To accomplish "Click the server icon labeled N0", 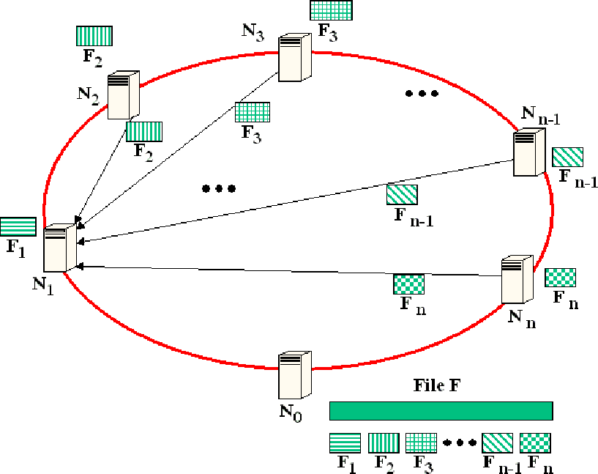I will [x=295, y=374].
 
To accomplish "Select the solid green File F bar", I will [x=441, y=410].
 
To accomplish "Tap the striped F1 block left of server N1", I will [x=18, y=227].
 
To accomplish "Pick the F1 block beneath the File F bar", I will [x=345, y=442].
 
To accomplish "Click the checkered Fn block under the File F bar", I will [x=535, y=442].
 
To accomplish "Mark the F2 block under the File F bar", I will [x=383, y=442].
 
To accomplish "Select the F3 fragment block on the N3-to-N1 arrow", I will [x=253, y=112].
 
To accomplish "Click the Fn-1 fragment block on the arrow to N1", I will [x=403, y=195].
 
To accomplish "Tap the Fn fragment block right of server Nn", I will [x=561, y=278].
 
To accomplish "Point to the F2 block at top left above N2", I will [x=94, y=36].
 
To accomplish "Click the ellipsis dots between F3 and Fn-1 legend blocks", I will [x=459, y=443].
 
